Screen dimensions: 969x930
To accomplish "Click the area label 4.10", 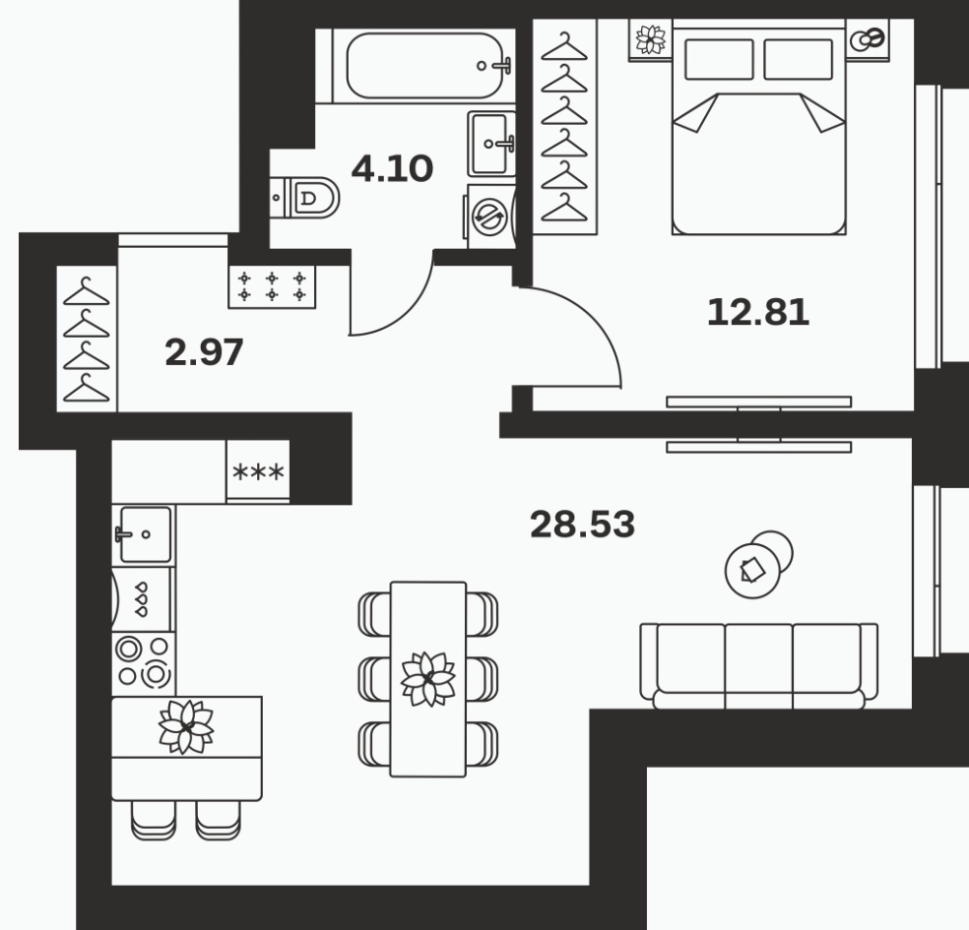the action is coord(392,168).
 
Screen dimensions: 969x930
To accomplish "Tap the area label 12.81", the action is coord(757,312).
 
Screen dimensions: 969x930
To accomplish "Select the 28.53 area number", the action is coord(582,525).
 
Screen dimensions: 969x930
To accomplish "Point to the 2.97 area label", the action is coord(204,352).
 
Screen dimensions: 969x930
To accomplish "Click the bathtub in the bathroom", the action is coord(424,66).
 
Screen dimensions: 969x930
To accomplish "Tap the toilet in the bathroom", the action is coord(305,198).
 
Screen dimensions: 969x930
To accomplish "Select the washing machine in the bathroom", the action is coord(490,217).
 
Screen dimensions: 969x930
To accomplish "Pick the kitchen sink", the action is coord(145,534).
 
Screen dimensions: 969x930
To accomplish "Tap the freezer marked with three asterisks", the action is coord(258,471).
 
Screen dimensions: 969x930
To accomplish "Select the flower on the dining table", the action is coord(428,679).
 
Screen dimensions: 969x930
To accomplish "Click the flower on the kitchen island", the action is coord(186,727).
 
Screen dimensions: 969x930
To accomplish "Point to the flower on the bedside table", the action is coord(651,39).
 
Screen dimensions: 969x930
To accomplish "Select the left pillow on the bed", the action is coord(719,59).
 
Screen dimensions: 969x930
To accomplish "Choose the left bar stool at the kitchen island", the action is coord(154,820).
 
